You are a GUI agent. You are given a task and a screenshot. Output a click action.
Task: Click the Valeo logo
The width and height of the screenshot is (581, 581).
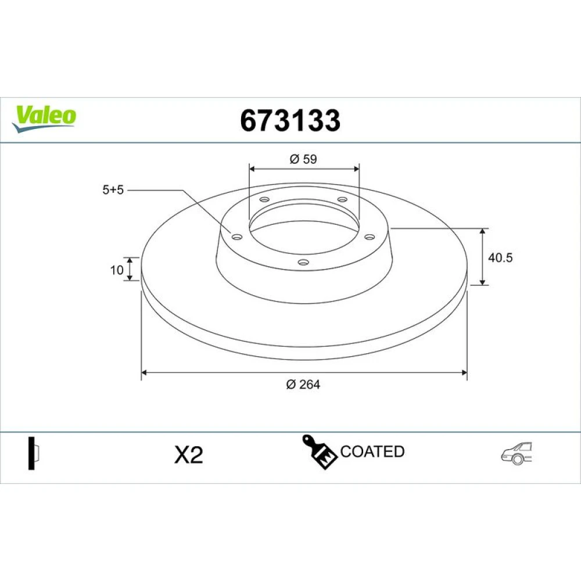tap(44, 119)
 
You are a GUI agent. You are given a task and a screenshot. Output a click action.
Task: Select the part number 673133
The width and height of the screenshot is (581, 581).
tap(290, 120)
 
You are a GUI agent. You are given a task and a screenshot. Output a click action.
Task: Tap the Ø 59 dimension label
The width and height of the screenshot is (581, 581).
tap(303, 159)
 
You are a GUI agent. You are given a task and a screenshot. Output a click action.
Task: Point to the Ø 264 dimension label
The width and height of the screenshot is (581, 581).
tap(303, 384)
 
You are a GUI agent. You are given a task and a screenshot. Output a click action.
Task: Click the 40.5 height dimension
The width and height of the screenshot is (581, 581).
tap(500, 257)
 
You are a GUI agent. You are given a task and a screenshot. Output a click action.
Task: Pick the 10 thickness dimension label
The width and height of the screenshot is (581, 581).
tap(117, 270)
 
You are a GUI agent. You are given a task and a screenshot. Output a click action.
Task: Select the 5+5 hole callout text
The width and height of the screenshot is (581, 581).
tap(113, 190)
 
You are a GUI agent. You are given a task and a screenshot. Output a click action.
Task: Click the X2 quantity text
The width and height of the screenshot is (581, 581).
tap(189, 455)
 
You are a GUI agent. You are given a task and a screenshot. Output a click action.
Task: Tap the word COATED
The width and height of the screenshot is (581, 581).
tap(372, 451)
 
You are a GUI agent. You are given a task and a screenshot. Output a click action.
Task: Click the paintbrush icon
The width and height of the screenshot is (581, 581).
tap(319, 451)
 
